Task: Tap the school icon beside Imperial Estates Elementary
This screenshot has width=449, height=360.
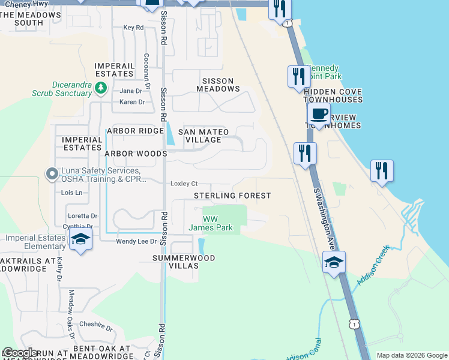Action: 80,239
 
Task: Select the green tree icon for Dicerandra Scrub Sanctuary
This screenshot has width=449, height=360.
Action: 101,89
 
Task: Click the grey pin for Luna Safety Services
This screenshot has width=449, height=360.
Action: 52,174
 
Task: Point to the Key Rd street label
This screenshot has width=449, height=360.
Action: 133,28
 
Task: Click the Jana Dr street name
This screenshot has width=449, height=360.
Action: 130,91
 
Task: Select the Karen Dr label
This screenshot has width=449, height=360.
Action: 132,102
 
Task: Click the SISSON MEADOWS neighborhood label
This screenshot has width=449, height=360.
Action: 218,84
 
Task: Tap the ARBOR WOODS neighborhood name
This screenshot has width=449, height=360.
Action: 136,154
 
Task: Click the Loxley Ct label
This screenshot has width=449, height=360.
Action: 184,184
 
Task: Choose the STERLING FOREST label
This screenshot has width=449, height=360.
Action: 232,196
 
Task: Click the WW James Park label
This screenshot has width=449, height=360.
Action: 210,223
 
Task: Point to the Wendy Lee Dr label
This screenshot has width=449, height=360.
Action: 136,241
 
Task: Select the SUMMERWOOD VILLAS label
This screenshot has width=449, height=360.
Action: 183,262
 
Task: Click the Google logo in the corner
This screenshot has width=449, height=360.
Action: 20,353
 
